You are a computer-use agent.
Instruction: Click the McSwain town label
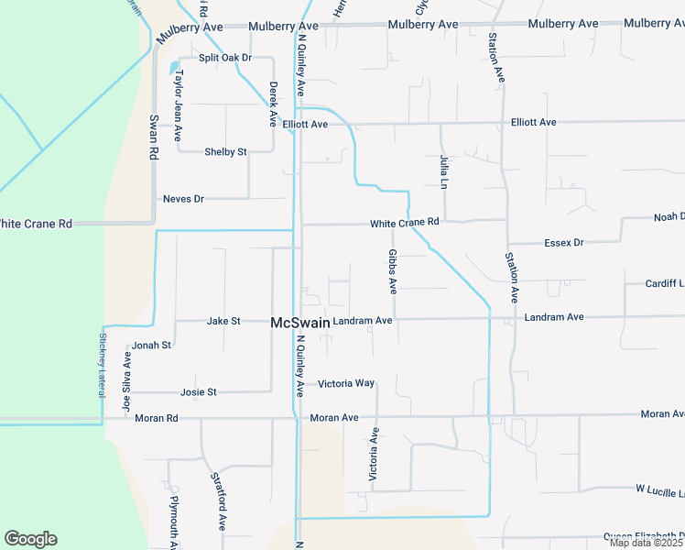coord(299,322)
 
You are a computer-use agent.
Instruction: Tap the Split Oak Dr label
coord(225,58)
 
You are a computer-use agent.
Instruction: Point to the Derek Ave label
coord(273,103)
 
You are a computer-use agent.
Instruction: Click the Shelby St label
coord(225,152)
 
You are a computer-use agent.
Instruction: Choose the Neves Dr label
coord(182,198)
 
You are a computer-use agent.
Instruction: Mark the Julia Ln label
coord(444,171)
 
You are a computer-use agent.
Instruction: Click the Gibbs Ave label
coord(392,271)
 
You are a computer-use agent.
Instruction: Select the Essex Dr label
coord(563,243)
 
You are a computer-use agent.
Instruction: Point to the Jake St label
coord(223,321)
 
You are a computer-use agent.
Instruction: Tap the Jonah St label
coord(152,345)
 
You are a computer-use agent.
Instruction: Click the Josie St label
coord(199,392)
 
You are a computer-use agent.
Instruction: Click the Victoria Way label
coord(346,383)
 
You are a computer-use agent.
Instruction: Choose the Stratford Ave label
coord(218,501)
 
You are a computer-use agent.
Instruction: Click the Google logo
coord(30,539)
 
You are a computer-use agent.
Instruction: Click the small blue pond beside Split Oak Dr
coord(173,66)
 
